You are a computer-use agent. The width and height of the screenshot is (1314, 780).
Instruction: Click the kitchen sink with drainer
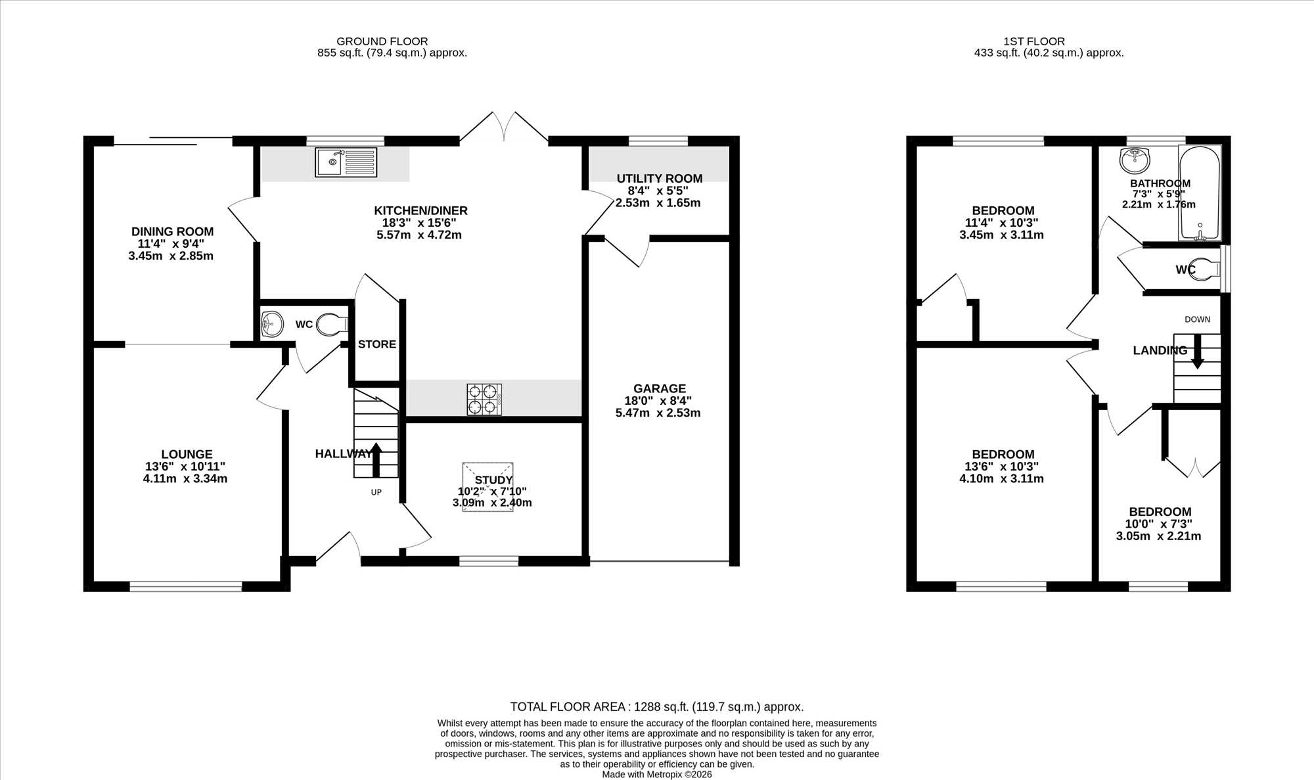coord(346,162)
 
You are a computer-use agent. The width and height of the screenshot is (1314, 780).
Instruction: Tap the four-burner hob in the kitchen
coord(484,400)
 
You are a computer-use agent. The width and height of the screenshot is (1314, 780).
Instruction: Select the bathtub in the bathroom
coord(1200,193)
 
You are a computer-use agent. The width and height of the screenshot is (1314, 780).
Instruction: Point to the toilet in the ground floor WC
coord(332,325)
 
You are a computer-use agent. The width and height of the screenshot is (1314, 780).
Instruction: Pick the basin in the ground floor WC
coord(271,323)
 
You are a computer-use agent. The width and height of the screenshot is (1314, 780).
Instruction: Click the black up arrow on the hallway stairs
coord(376,459)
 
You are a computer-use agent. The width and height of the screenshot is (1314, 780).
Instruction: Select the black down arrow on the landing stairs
coord(1197,352)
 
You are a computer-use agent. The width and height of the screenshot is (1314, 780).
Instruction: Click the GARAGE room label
coord(660,388)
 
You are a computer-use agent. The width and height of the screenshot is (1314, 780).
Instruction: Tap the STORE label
coord(377,344)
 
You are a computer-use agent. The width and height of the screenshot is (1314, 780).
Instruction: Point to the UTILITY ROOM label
coord(660,179)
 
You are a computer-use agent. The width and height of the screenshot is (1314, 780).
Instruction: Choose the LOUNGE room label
coord(187,454)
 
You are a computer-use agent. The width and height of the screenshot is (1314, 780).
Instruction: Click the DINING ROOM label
coord(172,231)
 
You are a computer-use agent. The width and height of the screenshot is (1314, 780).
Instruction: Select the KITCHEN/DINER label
coord(420,211)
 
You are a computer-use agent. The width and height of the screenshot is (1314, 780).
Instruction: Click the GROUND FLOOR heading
coord(382,41)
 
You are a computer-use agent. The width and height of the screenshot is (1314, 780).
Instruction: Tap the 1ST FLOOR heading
coord(1034,41)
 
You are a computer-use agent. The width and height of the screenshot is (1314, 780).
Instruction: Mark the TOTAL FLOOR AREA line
coord(657,707)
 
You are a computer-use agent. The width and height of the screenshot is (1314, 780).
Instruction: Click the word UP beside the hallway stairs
coord(376,492)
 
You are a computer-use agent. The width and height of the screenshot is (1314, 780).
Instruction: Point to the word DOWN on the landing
coord(1197,319)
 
